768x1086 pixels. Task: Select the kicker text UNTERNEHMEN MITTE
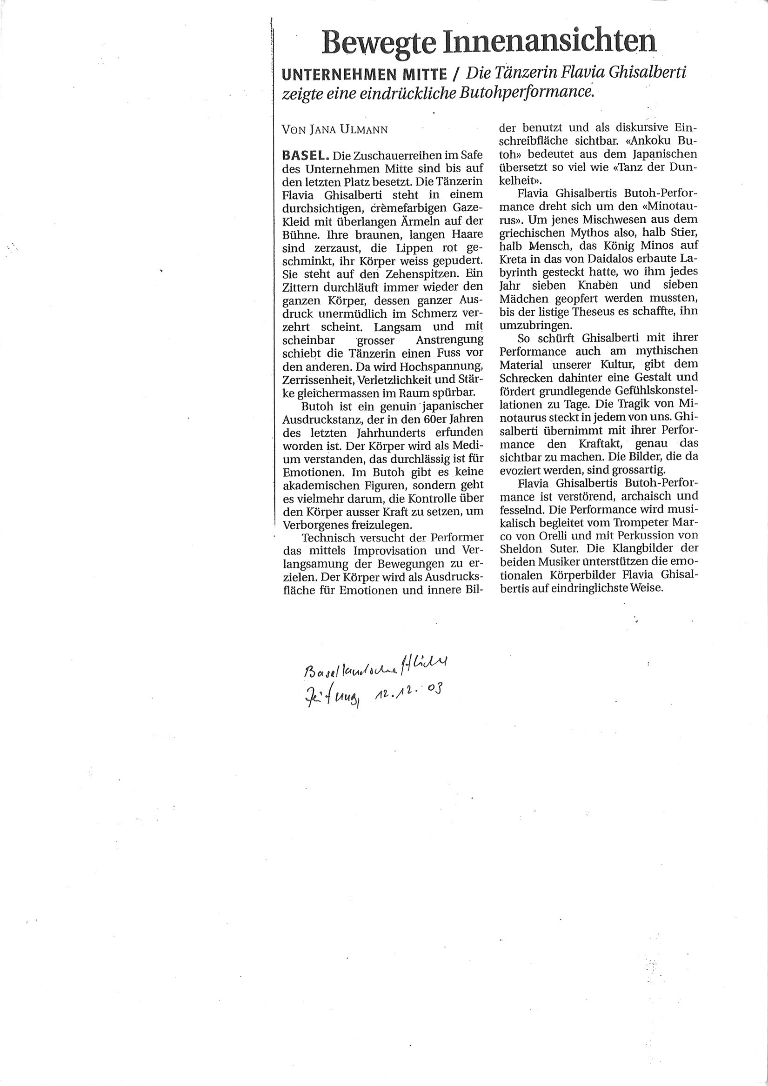click(364, 74)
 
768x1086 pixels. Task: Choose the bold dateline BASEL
click(305, 155)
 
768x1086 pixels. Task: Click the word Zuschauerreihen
click(395, 155)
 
